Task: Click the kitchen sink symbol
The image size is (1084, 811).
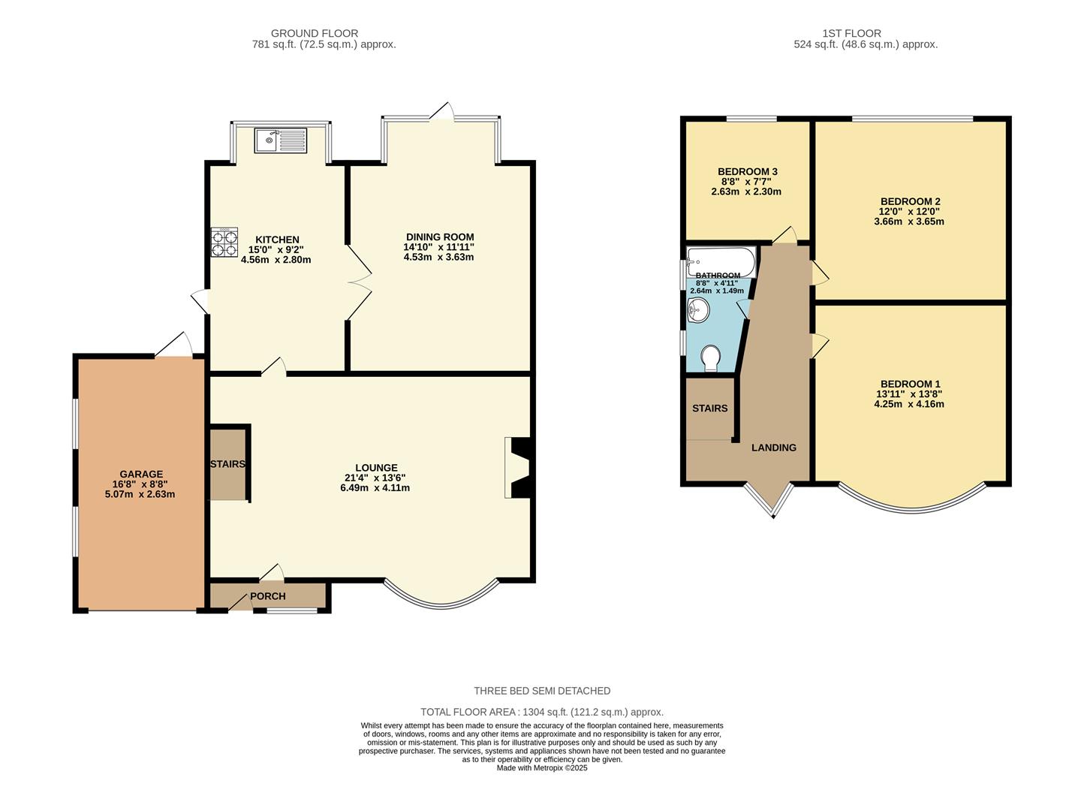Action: [x=280, y=140]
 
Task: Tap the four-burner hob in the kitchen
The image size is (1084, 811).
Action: [x=224, y=242]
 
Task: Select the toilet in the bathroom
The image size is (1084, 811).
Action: [x=710, y=357]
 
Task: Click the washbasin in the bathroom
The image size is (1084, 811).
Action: [x=698, y=309]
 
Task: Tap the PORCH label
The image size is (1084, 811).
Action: [x=267, y=596]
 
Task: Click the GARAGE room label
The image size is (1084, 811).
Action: [x=141, y=474]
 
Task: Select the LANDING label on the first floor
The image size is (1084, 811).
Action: [x=773, y=448]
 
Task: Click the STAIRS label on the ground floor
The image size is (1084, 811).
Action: [x=227, y=464]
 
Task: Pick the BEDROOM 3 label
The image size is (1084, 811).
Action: [x=747, y=171]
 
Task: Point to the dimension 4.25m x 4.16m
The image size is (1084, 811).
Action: [x=908, y=404]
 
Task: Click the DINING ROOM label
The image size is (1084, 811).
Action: [x=438, y=237]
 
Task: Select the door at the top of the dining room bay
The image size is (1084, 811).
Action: [x=442, y=112]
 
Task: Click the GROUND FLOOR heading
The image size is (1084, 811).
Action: [x=314, y=33]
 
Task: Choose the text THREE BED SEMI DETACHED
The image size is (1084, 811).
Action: [x=542, y=691]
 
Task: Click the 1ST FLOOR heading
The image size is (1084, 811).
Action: [x=851, y=33]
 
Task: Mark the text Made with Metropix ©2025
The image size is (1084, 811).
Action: [x=542, y=768]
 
